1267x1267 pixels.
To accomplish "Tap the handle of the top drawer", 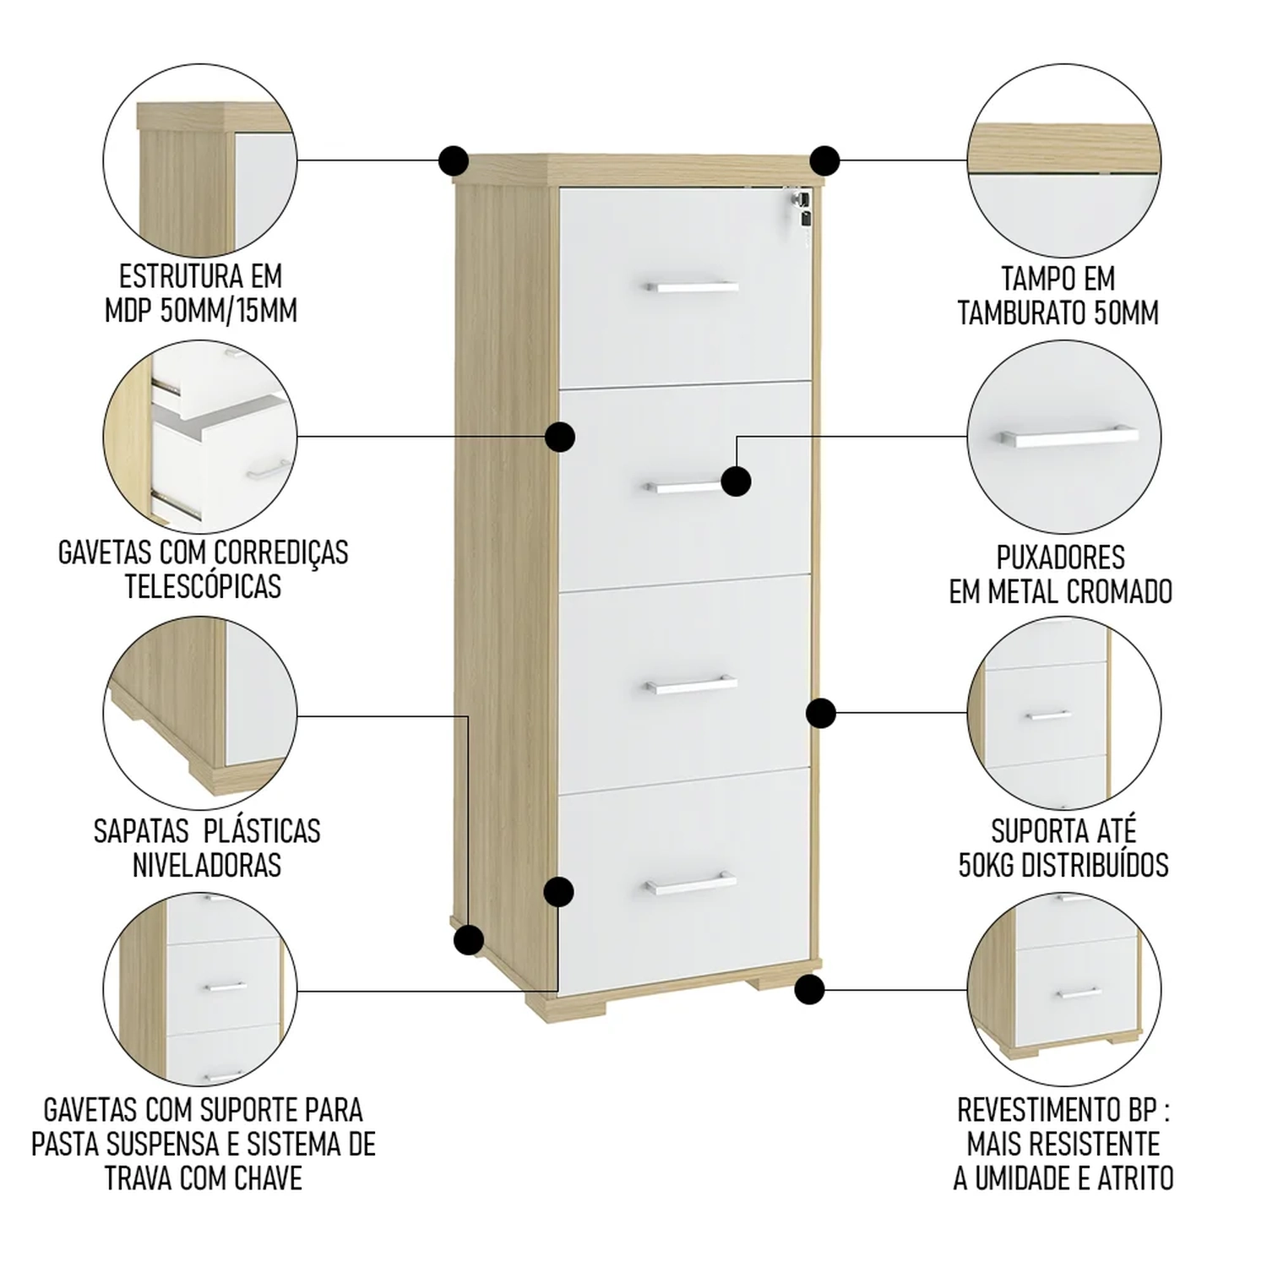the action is [693, 287].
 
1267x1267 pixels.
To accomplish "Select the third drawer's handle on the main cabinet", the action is [692, 685].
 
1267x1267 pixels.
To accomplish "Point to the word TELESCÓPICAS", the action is [203, 585].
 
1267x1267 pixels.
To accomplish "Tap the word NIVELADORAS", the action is [207, 865].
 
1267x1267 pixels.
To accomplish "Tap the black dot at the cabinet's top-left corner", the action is [454, 160].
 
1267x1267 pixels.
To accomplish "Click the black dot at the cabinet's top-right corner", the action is [824, 160].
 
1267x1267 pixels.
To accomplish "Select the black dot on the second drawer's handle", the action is [736, 481].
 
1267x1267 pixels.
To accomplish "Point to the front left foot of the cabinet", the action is [553, 1006].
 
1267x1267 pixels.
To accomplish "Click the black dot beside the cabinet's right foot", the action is [809, 989].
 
